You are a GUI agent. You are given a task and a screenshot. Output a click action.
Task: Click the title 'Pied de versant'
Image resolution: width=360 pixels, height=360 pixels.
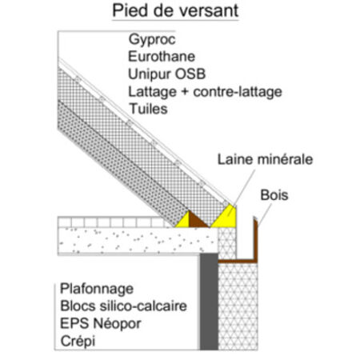pyautogui.click(x=175, y=10)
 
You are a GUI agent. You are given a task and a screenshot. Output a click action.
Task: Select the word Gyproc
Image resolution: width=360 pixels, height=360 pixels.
pyautogui.click(x=152, y=40)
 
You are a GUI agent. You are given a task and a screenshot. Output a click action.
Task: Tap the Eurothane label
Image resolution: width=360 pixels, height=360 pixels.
pyautogui.click(x=162, y=57)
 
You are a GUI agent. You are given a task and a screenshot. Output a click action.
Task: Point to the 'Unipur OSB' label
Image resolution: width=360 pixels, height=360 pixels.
pyautogui.click(x=167, y=74)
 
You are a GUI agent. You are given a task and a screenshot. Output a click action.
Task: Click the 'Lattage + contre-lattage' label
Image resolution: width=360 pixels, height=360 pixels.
pyautogui.click(x=205, y=92)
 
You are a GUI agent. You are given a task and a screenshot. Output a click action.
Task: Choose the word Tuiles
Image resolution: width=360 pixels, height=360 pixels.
pyautogui.click(x=148, y=109)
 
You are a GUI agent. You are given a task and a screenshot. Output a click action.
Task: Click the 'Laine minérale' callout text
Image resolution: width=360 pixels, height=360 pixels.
pyautogui.click(x=265, y=159)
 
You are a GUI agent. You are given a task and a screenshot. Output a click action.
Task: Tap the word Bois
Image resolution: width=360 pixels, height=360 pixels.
pyautogui.click(x=274, y=195)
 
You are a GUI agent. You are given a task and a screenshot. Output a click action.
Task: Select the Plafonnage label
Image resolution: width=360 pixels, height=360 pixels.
pyautogui.click(x=97, y=290)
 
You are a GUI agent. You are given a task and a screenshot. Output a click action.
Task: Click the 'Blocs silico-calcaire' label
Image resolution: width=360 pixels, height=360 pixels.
pyautogui.click(x=123, y=306)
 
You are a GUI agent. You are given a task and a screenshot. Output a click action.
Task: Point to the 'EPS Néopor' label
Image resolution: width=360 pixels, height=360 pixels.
pyautogui.click(x=101, y=324)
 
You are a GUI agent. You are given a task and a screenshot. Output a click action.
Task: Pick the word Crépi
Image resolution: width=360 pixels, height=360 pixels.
pyautogui.click(x=78, y=342)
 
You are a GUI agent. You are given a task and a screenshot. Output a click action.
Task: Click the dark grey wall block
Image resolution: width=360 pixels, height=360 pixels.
pyautogui.click(x=209, y=302)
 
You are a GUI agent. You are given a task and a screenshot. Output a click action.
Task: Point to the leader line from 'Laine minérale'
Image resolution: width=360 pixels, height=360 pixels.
pyautogui.click(x=245, y=187)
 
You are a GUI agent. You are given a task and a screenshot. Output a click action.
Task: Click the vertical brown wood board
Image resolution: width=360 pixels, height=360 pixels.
pyautogui.click(x=255, y=239)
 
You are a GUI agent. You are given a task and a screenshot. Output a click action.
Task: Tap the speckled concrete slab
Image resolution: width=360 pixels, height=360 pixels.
pyautogui.click(x=138, y=241)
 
